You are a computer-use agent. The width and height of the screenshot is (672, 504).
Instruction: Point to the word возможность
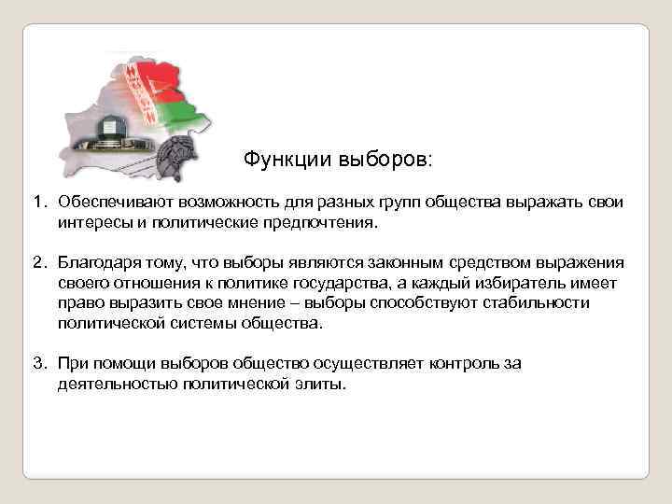(216, 203)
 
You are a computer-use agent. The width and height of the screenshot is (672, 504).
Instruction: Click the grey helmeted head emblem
(176, 160)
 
